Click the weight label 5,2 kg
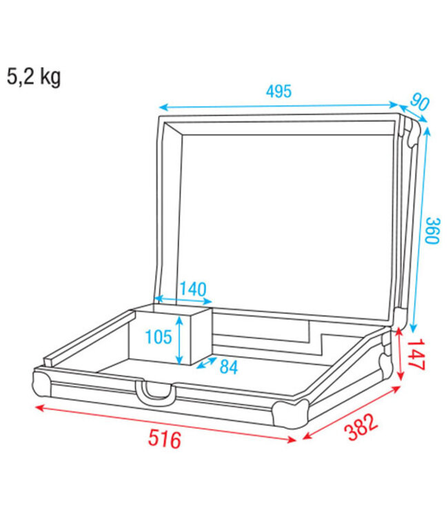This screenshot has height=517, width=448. (x=34, y=77)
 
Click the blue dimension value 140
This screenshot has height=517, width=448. (x=193, y=290)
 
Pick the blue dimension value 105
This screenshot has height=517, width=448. (x=159, y=338)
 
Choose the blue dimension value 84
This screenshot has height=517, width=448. (x=229, y=368)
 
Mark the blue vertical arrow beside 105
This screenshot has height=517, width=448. (x=181, y=338)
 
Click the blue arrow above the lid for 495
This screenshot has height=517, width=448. (x=279, y=106)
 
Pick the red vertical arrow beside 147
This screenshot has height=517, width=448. (x=401, y=353)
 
